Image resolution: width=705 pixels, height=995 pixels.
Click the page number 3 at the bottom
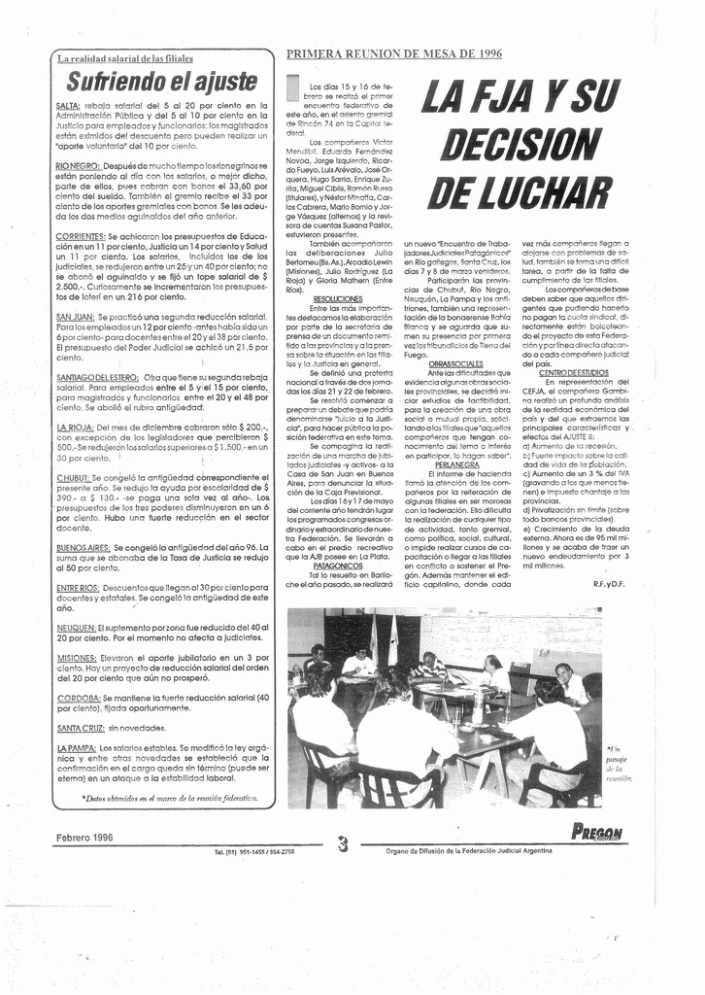tap(343, 844)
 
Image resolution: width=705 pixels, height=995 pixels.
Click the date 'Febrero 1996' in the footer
tap(84, 837)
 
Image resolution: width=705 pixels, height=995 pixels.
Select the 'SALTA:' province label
tap(68, 105)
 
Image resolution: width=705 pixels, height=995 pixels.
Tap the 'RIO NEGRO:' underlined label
tap(79, 166)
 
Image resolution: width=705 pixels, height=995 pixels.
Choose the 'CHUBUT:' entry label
tap(73, 478)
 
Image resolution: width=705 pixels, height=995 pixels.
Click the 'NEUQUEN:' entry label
tap(76, 628)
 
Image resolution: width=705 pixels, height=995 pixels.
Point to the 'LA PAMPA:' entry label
tap(76, 746)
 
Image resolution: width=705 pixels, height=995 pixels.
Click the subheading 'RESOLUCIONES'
tap(338, 299)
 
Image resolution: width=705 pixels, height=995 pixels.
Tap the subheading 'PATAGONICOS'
tap(338, 564)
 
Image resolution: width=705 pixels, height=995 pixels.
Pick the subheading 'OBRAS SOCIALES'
tap(454, 363)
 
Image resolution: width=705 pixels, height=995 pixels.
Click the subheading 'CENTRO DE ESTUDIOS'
tap(574, 373)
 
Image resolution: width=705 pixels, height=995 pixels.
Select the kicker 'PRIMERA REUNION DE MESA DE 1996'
tap(394, 54)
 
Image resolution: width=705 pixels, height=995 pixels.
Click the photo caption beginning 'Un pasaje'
tap(618, 764)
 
